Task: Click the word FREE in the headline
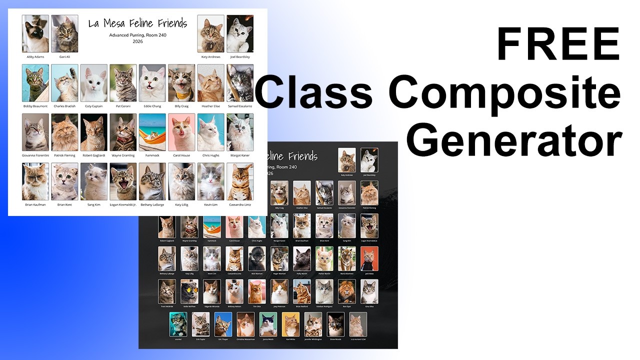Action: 557,45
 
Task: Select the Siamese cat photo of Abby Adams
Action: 35,33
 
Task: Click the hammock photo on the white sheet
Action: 152,132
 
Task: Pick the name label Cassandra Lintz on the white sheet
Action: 240,204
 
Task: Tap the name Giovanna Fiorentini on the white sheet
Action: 35,155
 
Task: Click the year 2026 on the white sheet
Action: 138,42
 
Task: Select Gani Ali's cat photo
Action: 64,33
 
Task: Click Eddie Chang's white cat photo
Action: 152,83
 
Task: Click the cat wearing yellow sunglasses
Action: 189,291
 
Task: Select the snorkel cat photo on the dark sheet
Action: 178,324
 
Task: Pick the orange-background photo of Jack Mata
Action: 369,259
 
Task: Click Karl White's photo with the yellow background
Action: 290,324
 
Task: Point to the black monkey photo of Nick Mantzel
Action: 257,259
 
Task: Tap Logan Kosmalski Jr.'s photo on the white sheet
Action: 123,181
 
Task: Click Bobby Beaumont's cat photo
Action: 35,83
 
